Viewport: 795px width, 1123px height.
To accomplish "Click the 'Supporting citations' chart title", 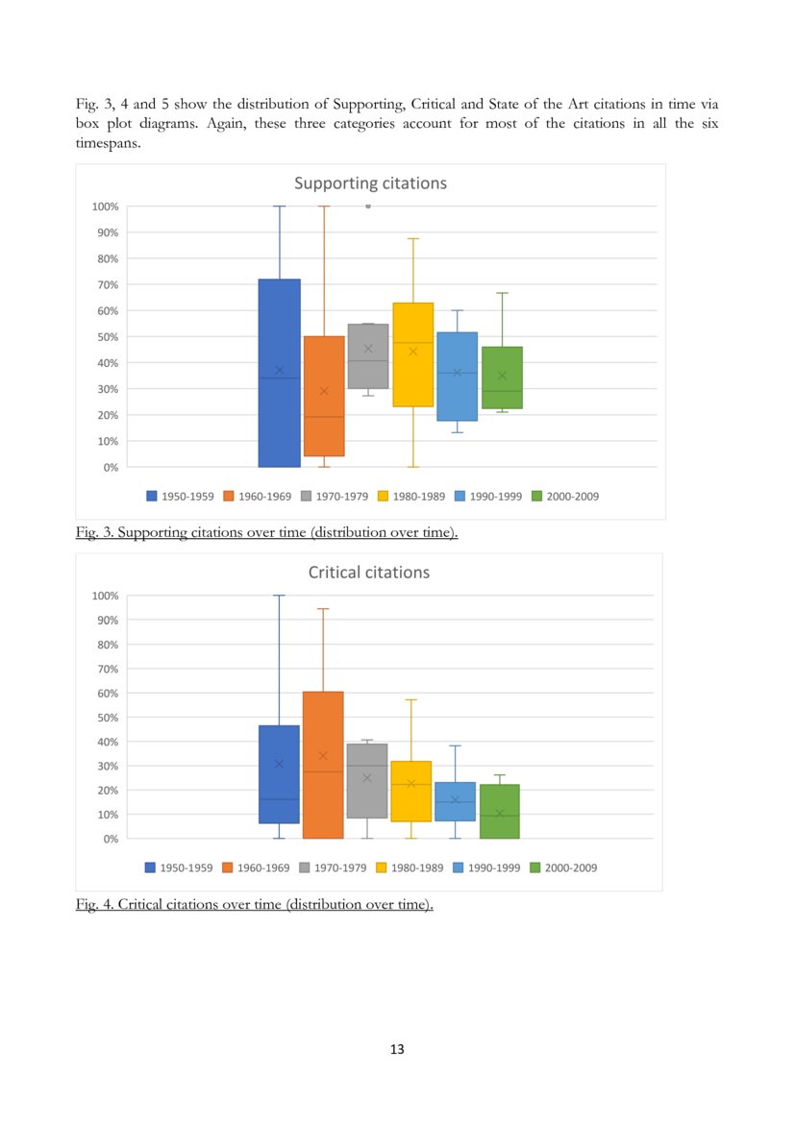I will click(x=370, y=183).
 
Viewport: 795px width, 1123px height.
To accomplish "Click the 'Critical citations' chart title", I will click(x=368, y=573).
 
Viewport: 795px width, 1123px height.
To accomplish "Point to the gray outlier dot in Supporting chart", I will click(x=368, y=206).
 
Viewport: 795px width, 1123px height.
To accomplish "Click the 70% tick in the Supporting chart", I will click(x=105, y=284).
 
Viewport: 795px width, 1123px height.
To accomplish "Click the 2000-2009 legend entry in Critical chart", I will click(x=564, y=867).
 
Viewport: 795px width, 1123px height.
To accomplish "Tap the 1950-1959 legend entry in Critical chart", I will click(x=179, y=867).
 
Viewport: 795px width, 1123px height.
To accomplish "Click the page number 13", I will click(x=397, y=1049).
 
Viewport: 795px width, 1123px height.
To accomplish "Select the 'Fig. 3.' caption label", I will click(x=94, y=532).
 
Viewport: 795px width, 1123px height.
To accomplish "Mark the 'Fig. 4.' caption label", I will click(x=94, y=904).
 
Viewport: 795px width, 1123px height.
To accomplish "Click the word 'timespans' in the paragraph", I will click(x=108, y=143).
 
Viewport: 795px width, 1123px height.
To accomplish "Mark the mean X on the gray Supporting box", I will click(x=368, y=349).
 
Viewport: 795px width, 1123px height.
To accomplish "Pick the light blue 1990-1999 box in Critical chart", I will click(x=455, y=801).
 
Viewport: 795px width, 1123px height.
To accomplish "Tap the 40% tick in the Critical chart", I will click(x=106, y=742).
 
